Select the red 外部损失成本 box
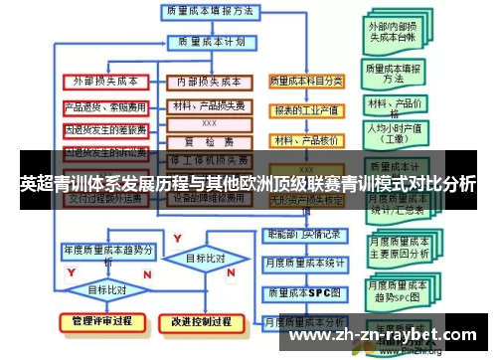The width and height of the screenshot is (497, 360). [105, 81]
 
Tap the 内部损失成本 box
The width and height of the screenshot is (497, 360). [209, 81]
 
